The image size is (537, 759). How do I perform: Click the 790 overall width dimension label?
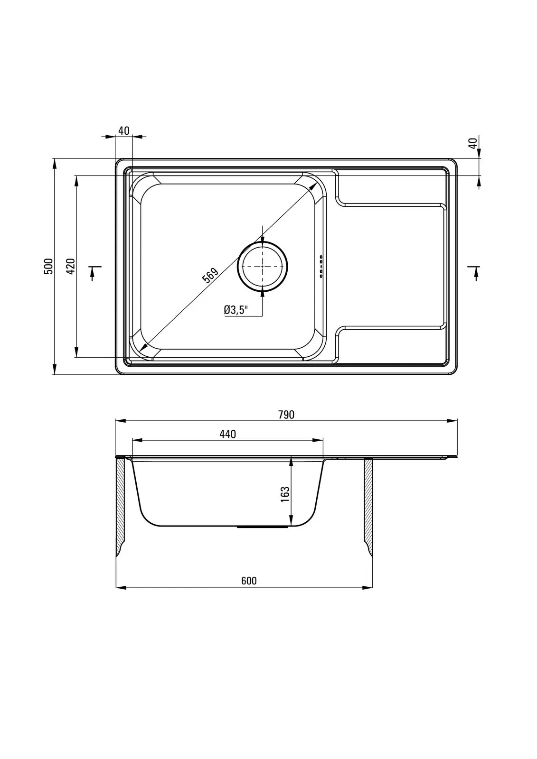coord(286,415)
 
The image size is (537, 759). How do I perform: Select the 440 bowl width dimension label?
coord(227,435)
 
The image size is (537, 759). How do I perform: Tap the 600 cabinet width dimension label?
coord(249,581)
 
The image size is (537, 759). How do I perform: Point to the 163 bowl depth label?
coord(285,494)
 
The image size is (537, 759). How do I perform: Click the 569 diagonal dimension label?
coord(210,275)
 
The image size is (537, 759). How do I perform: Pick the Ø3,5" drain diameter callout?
coord(236,310)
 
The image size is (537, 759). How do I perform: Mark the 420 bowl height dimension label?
coord(70,266)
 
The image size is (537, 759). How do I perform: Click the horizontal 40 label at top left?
coord(124,131)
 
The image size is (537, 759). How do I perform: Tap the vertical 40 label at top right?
coord(473,142)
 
